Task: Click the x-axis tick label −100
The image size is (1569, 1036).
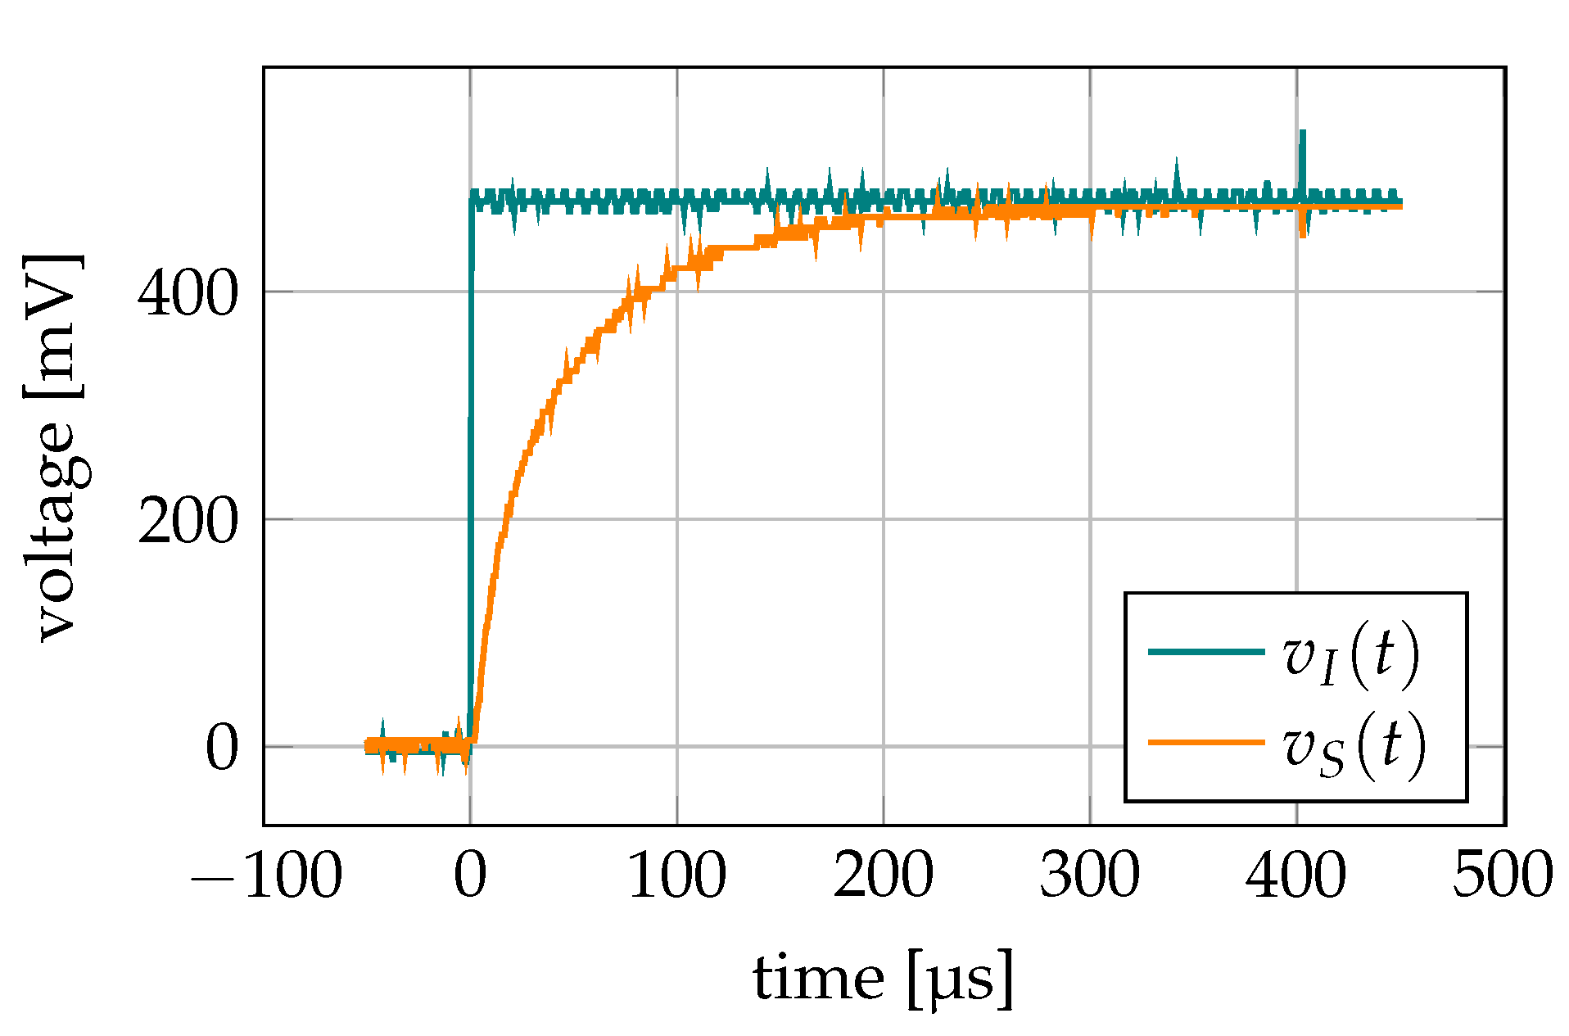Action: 266,875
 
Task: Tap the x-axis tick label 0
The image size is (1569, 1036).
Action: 470,875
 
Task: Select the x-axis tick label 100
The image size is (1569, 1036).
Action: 676,875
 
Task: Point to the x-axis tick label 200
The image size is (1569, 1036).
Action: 883,875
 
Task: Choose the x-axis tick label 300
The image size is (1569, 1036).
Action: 1089,875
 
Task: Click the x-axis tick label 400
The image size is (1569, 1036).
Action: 1295,875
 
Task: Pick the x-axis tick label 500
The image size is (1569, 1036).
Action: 1502,875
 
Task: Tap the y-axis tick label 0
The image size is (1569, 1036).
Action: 221,748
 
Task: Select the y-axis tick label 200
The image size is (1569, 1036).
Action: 188,521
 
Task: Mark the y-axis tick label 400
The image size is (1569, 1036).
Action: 188,293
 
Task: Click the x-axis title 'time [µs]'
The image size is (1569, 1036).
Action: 883,979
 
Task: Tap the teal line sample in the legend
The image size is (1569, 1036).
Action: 1206,652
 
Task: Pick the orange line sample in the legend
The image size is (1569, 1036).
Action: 1206,742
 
